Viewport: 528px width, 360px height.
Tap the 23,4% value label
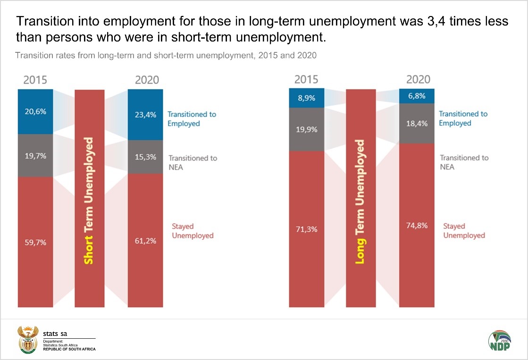tap(145, 114)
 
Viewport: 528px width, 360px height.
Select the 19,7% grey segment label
tap(36, 156)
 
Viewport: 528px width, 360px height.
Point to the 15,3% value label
tap(145, 157)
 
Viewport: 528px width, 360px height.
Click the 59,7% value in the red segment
tap(36, 243)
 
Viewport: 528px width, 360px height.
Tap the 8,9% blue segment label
tap(306, 98)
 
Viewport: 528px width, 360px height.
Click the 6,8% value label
tap(417, 96)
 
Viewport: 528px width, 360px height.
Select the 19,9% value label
tap(306, 129)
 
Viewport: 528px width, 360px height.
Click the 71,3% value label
tap(306, 229)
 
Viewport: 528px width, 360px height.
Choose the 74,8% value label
tap(417, 226)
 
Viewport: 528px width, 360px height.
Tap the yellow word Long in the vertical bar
tap(360, 250)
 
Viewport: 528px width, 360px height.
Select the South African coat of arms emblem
tap(27, 339)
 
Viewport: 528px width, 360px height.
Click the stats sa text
tap(55, 334)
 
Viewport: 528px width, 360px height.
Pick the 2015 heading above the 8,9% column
tap(306, 79)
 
